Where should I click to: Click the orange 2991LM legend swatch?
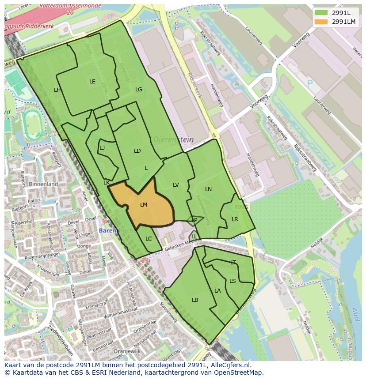tap(321, 22)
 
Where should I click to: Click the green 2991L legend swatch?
tap(321, 13)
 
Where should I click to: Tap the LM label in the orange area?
tap(144, 205)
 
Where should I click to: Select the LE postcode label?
tap(92, 82)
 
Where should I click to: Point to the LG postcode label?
tap(139, 90)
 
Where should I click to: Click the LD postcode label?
tap(137, 151)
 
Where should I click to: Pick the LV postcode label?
tap(176, 185)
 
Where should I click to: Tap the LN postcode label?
tap(209, 189)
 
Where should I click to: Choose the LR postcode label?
tap(235, 219)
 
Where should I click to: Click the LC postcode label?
tap(149, 239)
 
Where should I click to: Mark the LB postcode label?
tap(195, 300)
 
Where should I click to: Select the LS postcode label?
tap(233, 281)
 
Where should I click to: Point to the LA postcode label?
tap(217, 291)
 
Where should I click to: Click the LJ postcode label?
tap(102, 148)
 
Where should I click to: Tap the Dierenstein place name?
tap(174, 139)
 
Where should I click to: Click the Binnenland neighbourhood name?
tap(43, 184)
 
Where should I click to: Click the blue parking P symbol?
tap(310, 83)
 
